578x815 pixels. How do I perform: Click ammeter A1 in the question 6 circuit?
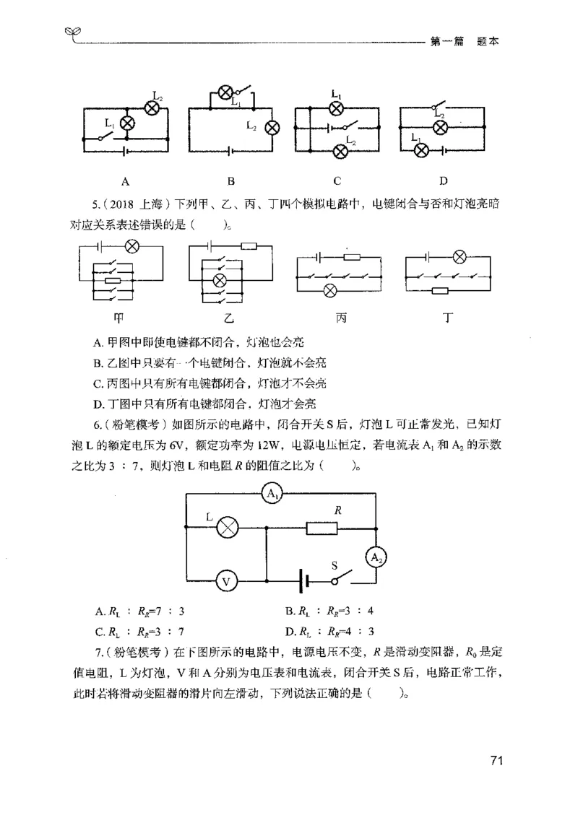coord(272,494)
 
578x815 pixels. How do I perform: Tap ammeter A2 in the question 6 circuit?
coord(376,557)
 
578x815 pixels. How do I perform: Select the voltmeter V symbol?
coord(226,580)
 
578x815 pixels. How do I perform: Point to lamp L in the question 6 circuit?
coord(228,528)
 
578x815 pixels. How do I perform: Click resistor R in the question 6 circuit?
coord(323,528)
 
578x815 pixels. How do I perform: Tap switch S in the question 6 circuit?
coord(342,579)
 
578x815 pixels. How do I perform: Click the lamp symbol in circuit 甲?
coord(132,247)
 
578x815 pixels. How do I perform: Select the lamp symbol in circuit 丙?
coord(330,291)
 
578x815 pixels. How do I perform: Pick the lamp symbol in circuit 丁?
coord(458,256)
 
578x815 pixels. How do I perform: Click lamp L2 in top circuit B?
coord(272,128)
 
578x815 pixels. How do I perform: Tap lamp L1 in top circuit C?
coord(335,108)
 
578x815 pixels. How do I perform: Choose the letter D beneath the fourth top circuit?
coord(443,180)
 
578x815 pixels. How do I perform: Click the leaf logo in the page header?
coord(71,32)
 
